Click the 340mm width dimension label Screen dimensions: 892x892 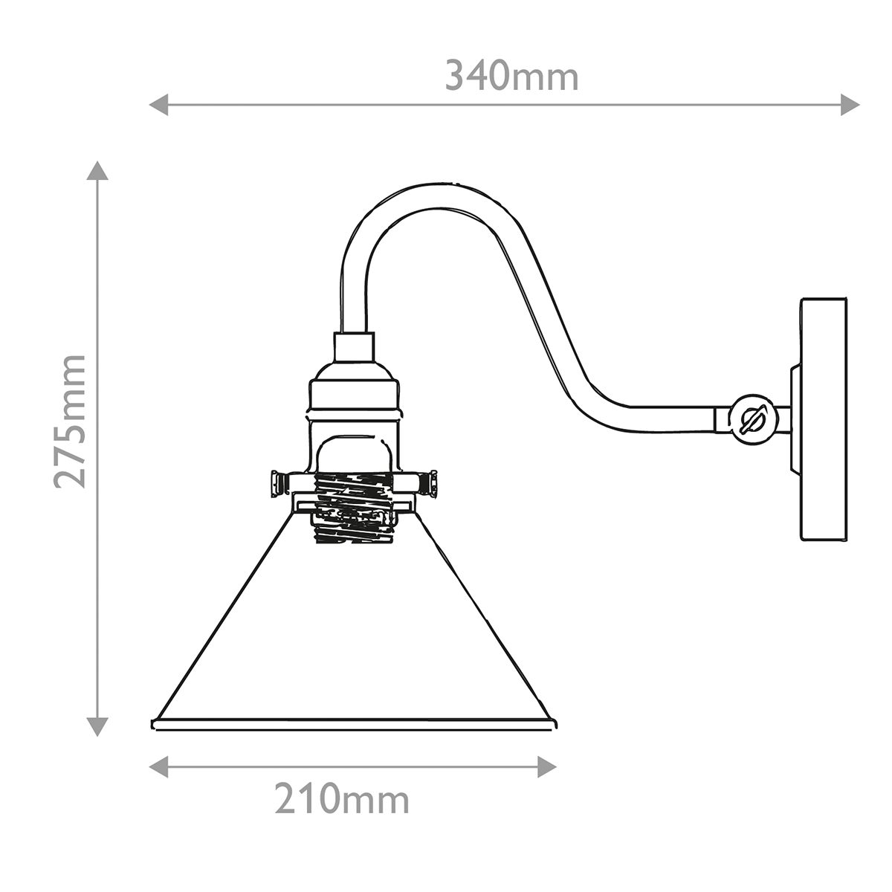pos(511,77)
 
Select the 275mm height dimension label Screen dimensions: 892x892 pos(71,421)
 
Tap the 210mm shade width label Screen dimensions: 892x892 pos(342,799)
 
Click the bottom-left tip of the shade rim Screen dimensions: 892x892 pos(155,724)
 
